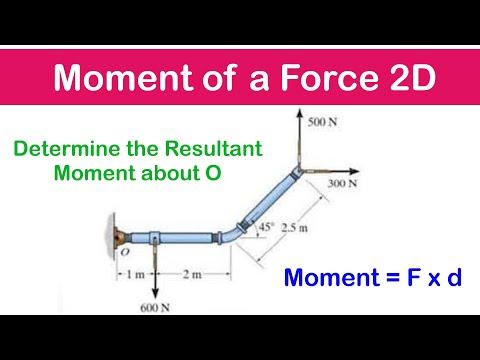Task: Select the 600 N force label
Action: point(154,307)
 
